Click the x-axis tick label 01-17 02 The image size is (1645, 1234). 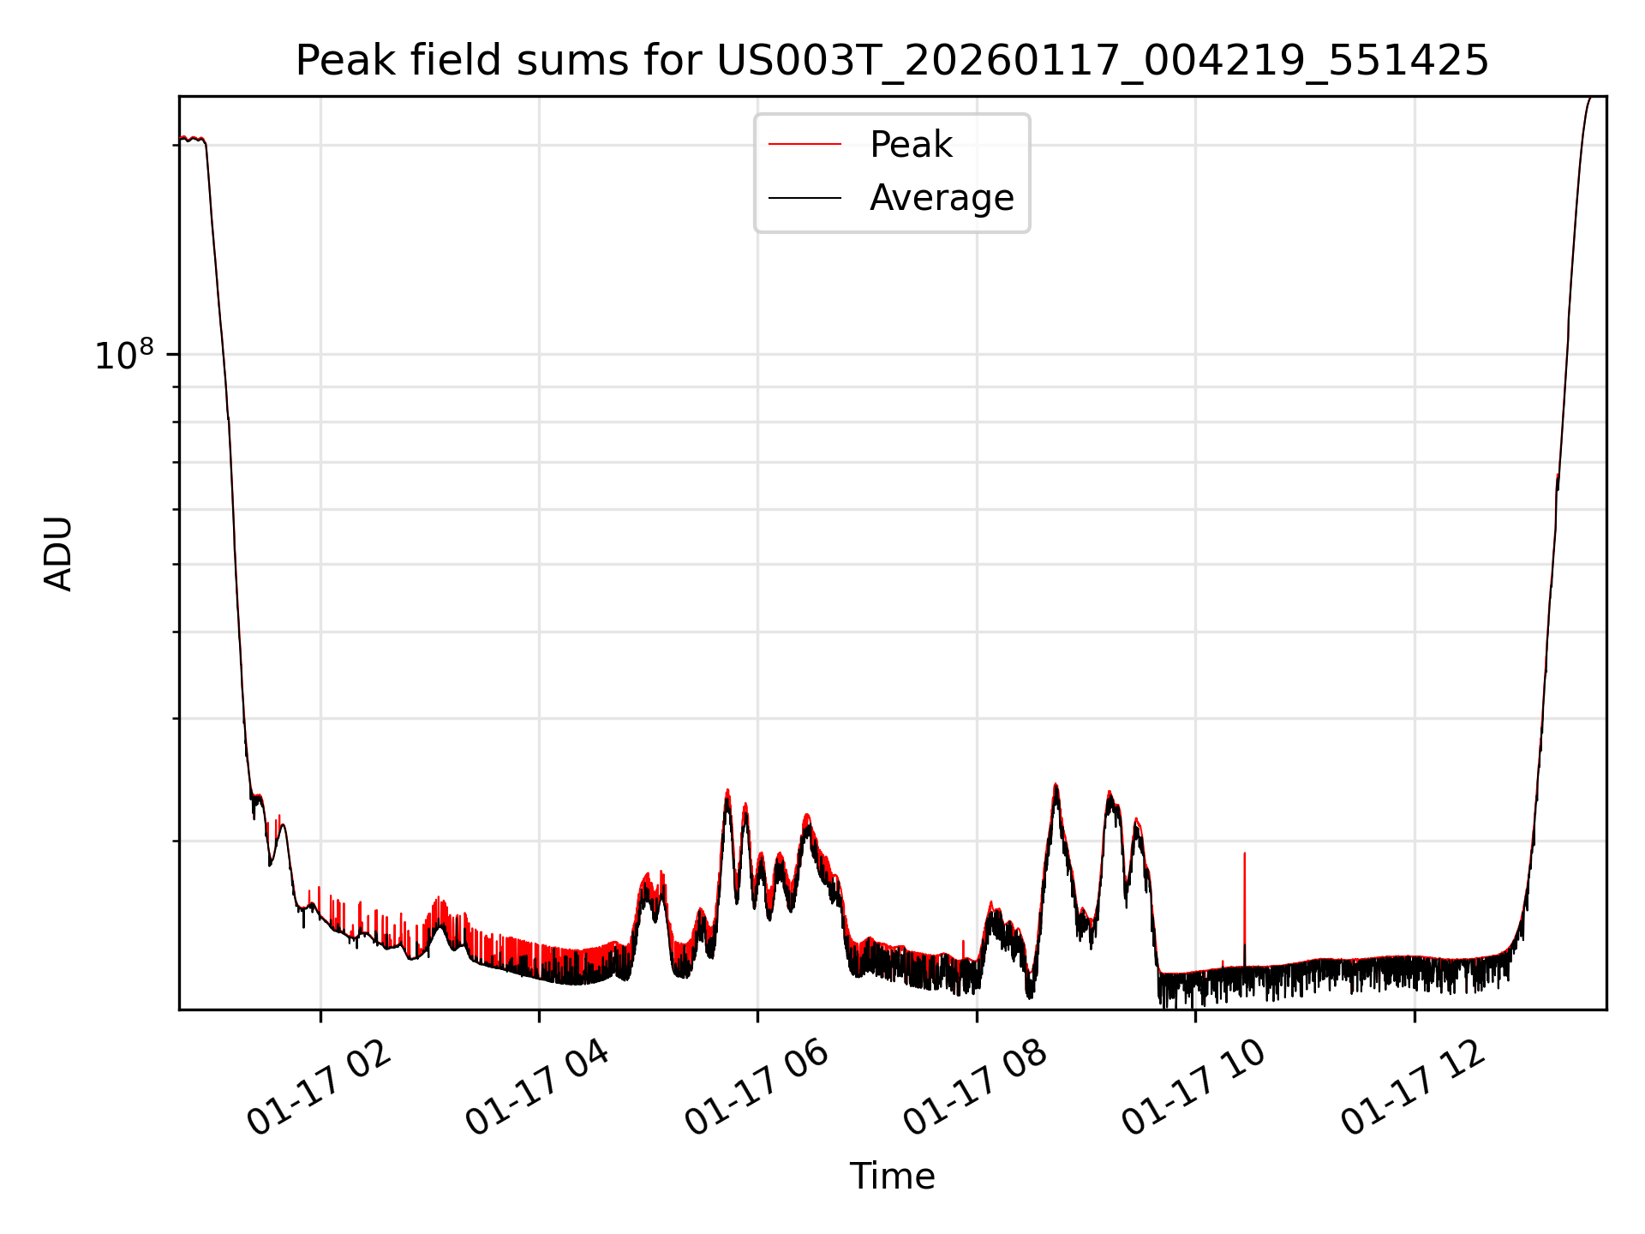pyautogui.click(x=319, y=1089)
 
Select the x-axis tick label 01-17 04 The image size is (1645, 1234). pyautogui.click(x=537, y=1089)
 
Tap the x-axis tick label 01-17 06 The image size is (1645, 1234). pyautogui.click(x=757, y=1089)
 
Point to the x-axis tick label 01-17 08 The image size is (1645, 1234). pyautogui.click(x=975, y=1089)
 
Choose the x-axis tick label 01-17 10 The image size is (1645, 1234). pyautogui.click(x=1193, y=1089)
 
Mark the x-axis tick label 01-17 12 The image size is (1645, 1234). pyautogui.click(x=1413, y=1089)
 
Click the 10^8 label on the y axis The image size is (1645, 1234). pyautogui.click(x=124, y=356)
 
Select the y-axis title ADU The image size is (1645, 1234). pyautogui.click(x=58, y=554)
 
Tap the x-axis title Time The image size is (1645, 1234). pyautogui.click(x=892, y=1177)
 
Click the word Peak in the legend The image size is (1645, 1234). pyautogui.click(x=910, y=145)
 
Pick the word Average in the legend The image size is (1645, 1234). pyautogui.click(x=941, y=198)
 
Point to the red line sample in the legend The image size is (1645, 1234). pyautogui.click(x=805, y=145)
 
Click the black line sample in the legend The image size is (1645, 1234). pyautogui.click(x=805, y=198)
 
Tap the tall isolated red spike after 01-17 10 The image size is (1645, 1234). pyautogui.click(x=1244, y=857)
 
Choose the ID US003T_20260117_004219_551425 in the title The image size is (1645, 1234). pyautogui.click(x=1103, y=62)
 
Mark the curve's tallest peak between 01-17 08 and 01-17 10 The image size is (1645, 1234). pyautogui.click(x=1056, y=786)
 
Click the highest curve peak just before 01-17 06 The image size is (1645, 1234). pyautogui.click(x=727, y=791)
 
